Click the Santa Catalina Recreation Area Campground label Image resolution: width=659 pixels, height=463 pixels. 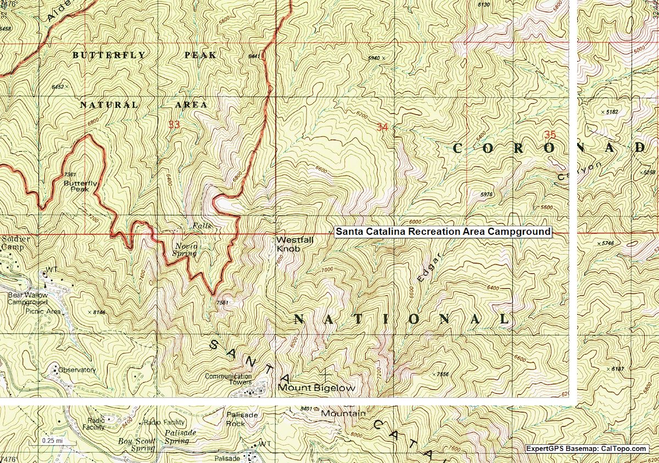443,232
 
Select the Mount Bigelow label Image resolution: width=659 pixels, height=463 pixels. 317,388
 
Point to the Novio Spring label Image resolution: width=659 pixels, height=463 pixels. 186,250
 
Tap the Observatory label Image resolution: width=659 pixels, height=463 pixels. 77,370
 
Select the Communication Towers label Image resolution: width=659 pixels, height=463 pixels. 228,379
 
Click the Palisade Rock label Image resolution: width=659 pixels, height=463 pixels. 242,419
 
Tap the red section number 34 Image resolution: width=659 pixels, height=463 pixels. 382,128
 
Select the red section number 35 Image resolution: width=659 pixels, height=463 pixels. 550,134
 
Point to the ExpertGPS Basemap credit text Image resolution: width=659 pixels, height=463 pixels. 586,449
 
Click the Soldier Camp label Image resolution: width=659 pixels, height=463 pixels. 15,243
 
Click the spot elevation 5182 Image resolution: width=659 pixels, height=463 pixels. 610,112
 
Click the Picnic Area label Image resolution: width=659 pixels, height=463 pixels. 43,311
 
